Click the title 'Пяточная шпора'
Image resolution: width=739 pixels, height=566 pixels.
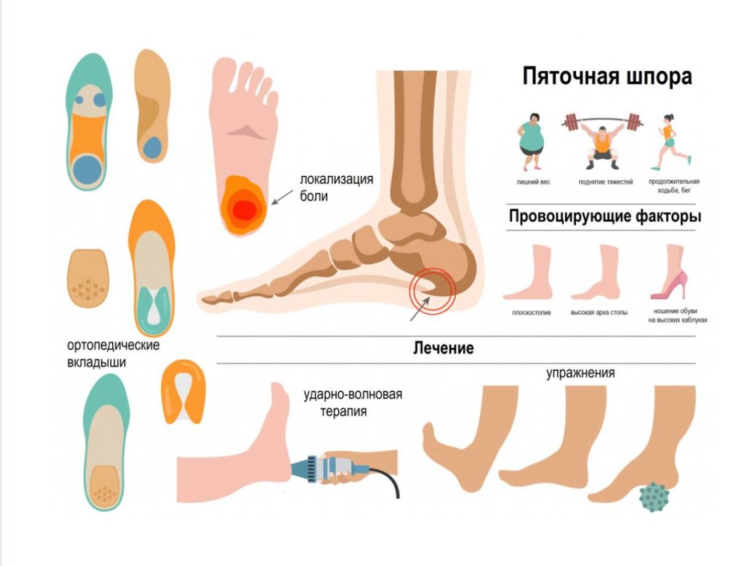[607, 78]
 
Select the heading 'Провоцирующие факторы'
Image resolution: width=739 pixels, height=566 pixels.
[605, 217]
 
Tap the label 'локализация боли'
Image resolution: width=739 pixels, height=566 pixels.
[336, 188]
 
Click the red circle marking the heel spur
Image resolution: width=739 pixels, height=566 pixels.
[434, 288]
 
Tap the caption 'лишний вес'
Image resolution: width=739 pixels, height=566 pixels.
[533, 182]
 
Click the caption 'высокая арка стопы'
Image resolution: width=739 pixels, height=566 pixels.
[599, 313]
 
